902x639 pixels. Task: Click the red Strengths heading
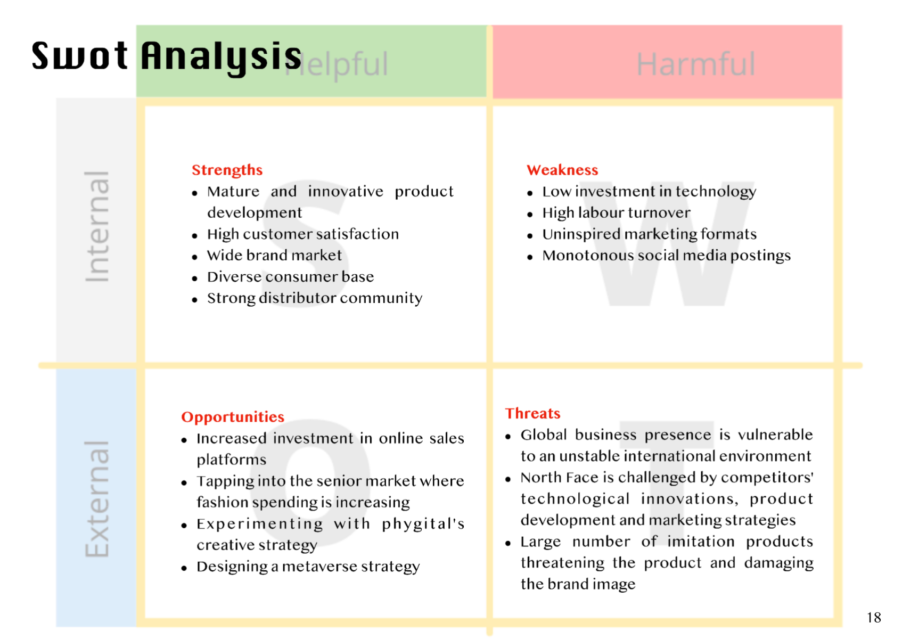point(227,170)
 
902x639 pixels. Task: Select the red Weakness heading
point(562,170)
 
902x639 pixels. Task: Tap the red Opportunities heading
point(233,417)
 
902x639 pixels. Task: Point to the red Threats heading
point(533,414)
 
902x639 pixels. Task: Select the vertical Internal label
point(97,226)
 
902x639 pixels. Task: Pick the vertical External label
point(97,499)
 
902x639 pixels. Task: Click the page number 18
point(874,618)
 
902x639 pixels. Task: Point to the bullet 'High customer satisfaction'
point(303,234)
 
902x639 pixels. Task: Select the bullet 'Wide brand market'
point(274,255)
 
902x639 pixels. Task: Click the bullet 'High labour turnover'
point(616,212)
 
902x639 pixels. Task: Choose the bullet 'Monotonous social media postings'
point(667,256)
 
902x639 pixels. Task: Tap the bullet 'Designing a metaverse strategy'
point(308,567)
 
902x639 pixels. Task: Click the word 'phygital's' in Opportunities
point(423,524)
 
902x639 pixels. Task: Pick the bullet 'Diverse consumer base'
point(290,277)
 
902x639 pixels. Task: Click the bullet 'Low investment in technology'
point(649,192)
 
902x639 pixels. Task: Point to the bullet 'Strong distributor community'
point(315,298)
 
